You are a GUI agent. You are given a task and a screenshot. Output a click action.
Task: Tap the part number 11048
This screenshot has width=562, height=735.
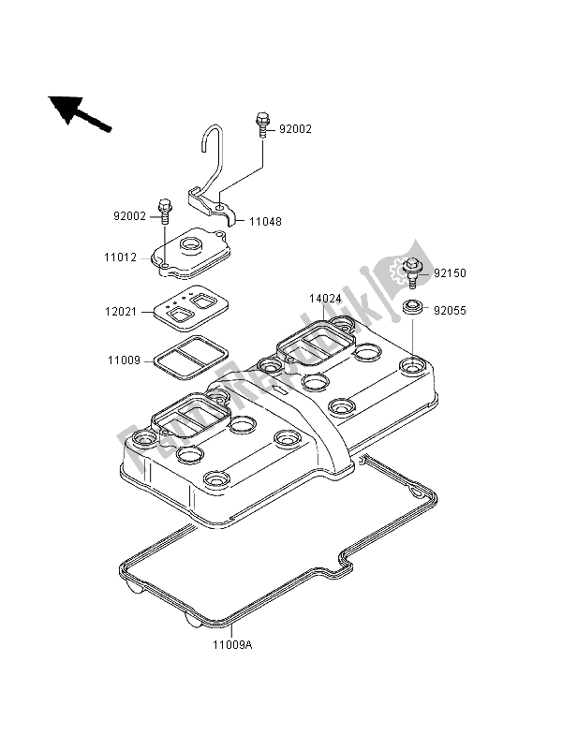(x=264, y=222)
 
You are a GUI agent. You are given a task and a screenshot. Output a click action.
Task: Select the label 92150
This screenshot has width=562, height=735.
(x=450, y=273)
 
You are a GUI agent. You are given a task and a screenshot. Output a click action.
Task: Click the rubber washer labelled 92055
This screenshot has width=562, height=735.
(x=411, y=307)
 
